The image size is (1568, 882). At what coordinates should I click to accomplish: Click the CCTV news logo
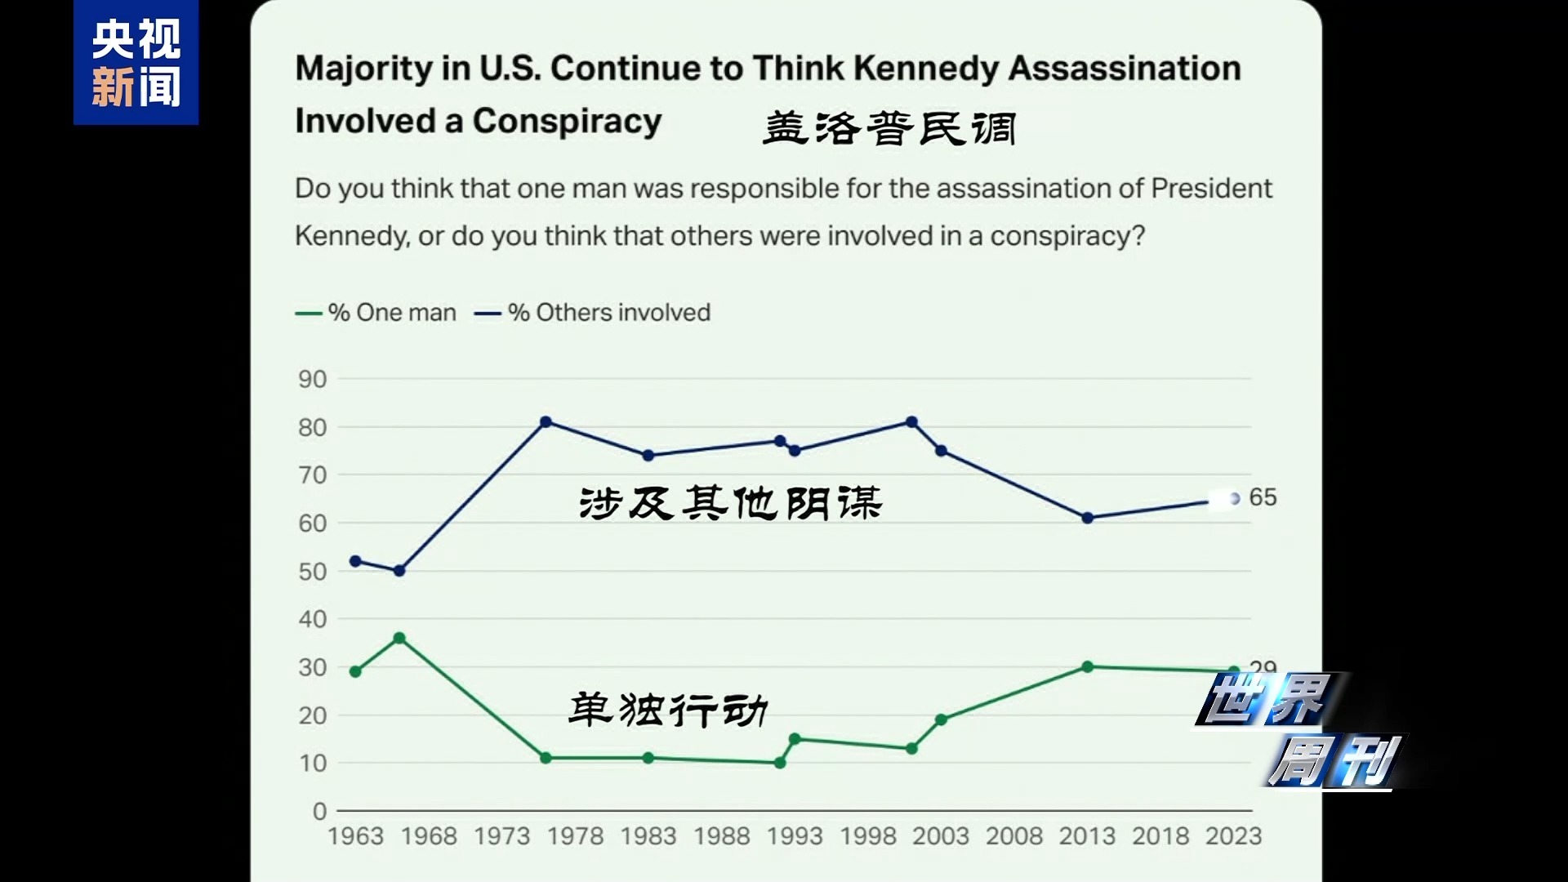pos(136,63)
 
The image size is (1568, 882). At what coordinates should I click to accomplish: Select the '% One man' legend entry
pos(376,313)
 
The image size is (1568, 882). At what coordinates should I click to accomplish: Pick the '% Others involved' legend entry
pos(593,313)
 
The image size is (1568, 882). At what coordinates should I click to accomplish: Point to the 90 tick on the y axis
pos(312,380)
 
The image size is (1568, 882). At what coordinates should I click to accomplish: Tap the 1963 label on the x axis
pos(355,836)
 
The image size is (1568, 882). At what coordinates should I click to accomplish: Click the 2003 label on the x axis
pos(941,836)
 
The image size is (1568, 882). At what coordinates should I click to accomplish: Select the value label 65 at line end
pos(1263,497)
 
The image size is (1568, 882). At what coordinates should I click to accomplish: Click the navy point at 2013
pos(1087,518)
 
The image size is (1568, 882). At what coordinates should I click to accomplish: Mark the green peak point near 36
pos(399,638)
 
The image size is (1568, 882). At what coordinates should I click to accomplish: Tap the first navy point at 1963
pos(355,561)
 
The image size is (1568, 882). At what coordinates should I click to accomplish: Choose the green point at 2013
pos(1087,666)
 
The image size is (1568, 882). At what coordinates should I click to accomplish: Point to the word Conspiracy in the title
pos(567,121)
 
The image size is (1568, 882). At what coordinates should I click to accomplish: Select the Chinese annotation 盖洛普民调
pos(889,129)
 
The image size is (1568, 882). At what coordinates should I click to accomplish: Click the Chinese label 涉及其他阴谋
pos(730,502)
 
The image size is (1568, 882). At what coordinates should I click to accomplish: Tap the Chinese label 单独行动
pos(668,709)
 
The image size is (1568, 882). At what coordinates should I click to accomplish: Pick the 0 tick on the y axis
pos(319,812)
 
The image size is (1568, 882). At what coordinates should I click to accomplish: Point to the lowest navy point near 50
pos(399,571)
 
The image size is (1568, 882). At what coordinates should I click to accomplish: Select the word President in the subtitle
pos(1211,189)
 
